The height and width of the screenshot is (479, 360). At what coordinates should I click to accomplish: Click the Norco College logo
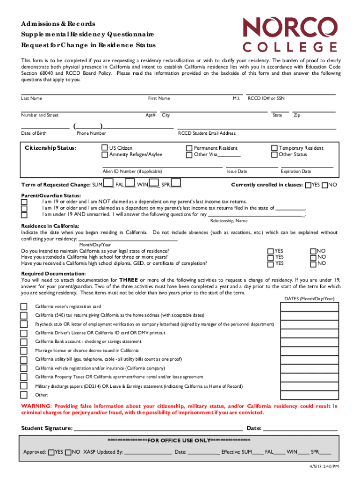click(289, 34)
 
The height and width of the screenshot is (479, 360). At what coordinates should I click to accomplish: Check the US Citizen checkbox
click(105, 148)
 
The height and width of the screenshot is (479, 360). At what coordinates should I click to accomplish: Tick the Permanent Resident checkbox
click(189, 148)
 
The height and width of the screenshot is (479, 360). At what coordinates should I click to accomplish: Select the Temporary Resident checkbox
click(274, 148)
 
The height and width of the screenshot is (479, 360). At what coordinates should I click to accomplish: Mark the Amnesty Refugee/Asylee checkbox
click(105, 155)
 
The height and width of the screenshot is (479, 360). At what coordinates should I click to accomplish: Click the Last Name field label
click(31, 98)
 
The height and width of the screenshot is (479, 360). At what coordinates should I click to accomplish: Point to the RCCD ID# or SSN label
click(266, 98)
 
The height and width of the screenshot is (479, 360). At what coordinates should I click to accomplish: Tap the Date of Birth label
click(34, 133)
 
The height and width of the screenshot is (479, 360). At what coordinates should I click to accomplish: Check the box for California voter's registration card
click(24, 306)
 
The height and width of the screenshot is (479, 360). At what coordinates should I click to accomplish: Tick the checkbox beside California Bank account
click(24, 341)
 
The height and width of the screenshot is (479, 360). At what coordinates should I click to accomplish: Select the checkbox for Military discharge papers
click(24, 386)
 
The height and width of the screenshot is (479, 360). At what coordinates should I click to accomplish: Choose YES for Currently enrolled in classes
click(308, 185)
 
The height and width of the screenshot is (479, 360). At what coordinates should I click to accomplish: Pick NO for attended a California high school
click(313, 257)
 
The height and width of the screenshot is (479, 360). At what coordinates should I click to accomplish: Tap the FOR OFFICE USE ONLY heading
click(180, 441)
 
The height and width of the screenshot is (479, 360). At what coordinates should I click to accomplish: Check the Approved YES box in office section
click(51, 452)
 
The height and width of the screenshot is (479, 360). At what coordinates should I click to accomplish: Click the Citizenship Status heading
click(50, 148)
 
